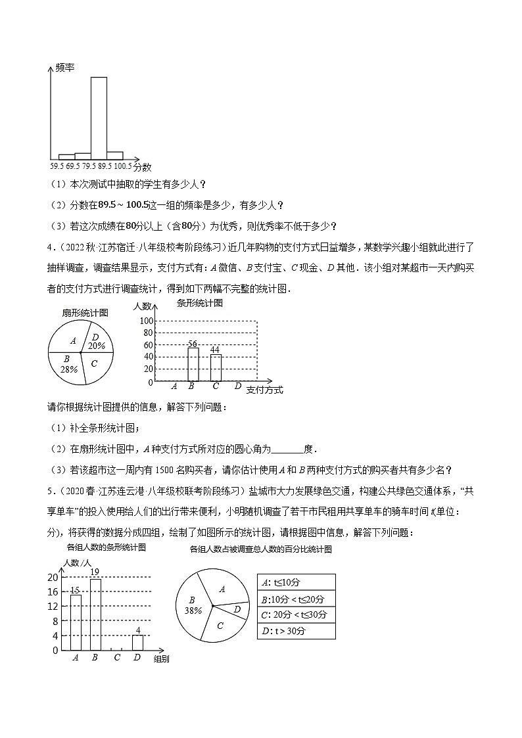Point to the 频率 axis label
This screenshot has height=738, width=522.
coord(64,68)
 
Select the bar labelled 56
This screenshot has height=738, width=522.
coord(193,364)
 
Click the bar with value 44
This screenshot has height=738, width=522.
coord(216,368)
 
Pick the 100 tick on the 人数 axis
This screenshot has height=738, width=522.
coord(145,321)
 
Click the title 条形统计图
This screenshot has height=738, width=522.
coord(200,303)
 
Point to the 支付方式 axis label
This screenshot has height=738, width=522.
coord(264,390)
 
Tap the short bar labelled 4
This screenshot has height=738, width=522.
coord(137,643)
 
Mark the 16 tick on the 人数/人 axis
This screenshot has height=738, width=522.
coord(53,591)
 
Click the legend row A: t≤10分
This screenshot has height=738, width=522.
coord(296,582)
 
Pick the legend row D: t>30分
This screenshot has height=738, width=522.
coord(296,631)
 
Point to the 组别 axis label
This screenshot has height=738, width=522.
coord(161,658)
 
